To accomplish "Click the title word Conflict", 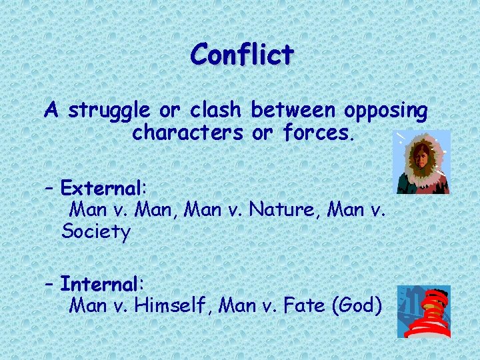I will point(241,54).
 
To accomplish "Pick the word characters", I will point(187,133).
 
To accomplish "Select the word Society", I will point(95,231).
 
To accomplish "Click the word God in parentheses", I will point(359,306).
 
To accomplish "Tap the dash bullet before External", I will point(49,186).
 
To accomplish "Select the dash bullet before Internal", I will point(49,284).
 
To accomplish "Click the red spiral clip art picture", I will point(425,311).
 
